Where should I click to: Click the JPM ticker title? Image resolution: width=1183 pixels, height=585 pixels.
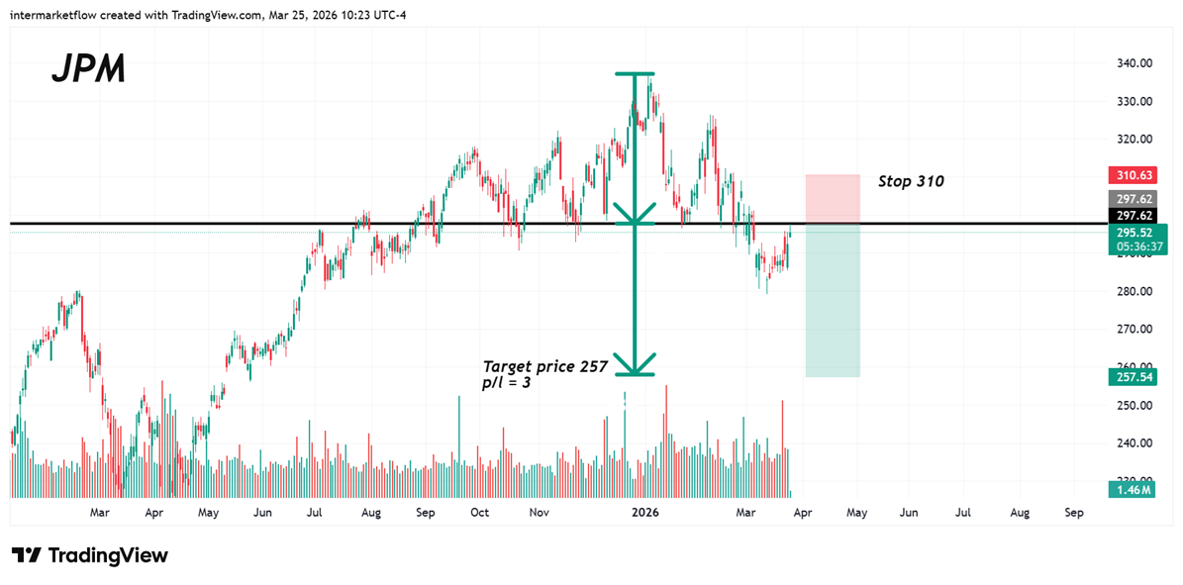(x=88, y=69)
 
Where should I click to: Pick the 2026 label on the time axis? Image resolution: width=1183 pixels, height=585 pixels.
(x=645, y=513)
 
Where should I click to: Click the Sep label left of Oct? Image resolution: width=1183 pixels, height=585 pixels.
(x=426, y=513)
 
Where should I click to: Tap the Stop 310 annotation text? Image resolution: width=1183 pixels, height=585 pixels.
(x=911, y=182)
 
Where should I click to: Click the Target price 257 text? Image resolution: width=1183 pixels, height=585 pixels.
(x=544, y=365)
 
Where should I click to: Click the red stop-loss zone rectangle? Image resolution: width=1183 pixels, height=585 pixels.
(x=833, y=199)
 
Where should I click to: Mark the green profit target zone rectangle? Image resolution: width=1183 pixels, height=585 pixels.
(x=833, y=301)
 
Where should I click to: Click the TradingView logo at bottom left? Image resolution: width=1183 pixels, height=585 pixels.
(x=90, y=555)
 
